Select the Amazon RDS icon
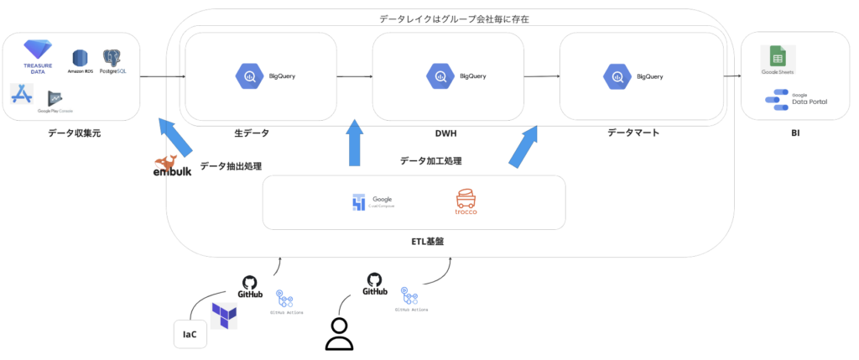tap(81, 58)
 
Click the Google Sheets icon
tap(778, 59)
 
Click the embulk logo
tap(171, 166)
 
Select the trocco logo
tap(466, 202)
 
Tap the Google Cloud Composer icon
tap(359, 203)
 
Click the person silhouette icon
tap(338, 333)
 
